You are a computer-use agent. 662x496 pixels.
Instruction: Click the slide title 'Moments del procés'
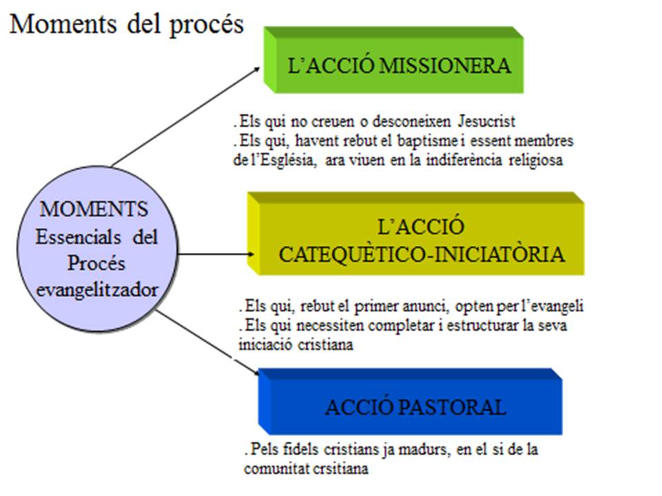click(x=127, y=24)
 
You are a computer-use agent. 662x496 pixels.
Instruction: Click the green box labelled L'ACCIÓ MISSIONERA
click(x=399, y=67)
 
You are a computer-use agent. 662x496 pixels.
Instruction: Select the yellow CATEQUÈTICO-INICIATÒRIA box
click(x=421, y=240)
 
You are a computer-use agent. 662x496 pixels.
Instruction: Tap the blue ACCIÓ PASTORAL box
click(x=414, y=406)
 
